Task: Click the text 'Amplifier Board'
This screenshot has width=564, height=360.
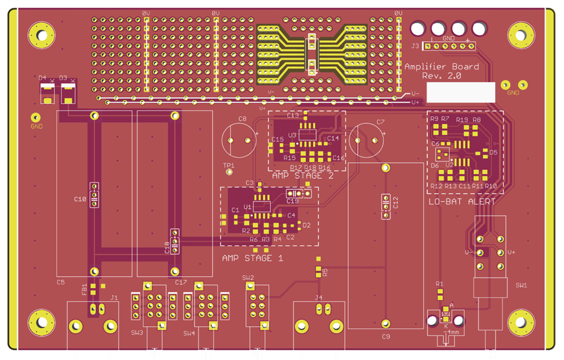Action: click(441, 67)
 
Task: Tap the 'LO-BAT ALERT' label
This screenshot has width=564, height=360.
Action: click(462, 202)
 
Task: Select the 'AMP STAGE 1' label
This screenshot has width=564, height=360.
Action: click(252, 258)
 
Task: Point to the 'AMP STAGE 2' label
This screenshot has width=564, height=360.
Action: click(303, 176)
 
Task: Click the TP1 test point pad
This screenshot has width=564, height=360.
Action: click(229, 173)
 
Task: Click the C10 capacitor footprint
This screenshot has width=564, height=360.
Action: click(94, 195)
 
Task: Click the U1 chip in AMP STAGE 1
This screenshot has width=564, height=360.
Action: click(261, 206)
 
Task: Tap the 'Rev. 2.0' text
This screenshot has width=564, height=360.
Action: click(441, 76)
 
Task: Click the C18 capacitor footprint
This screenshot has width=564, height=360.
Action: click(174, 241)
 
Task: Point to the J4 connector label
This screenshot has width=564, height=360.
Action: click(318, 298)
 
